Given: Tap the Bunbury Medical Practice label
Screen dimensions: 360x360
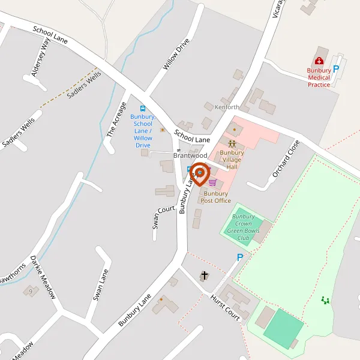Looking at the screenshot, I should coord(319,77).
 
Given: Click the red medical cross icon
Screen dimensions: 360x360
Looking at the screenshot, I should coord(319,61).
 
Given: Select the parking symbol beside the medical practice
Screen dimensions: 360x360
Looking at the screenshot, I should coord(336,68).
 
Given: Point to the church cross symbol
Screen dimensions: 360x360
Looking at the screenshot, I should coord(204,275).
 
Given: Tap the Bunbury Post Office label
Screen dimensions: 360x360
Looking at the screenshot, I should coord(216,197).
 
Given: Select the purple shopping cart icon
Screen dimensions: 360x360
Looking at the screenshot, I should coord(212,182).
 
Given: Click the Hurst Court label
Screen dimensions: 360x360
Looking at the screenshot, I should coord(225,308).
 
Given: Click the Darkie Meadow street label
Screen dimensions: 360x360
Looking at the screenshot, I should coord(42,277).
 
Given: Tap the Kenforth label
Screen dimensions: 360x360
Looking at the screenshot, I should coord(227,107).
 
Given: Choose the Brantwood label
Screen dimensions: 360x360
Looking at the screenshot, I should coord(190,155).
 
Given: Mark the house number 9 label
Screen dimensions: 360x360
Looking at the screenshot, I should coord(30,291).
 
